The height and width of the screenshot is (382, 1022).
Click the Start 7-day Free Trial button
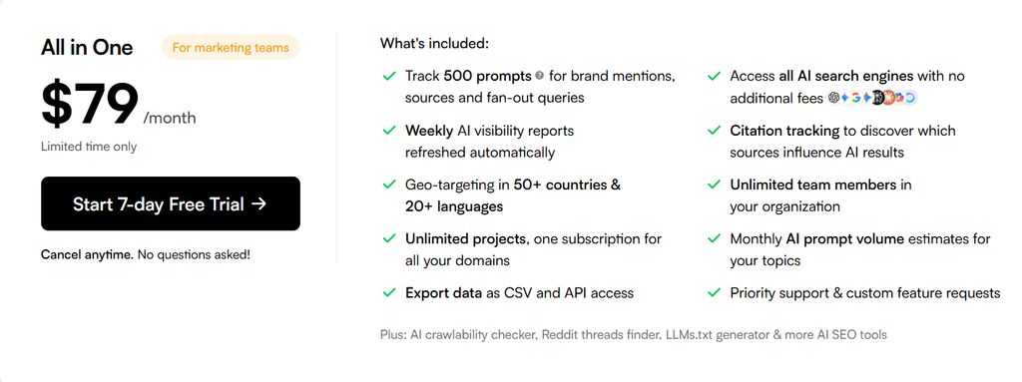coord(170,203)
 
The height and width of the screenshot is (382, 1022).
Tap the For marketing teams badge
coord(231,48)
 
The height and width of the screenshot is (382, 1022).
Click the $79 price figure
coord(90,105)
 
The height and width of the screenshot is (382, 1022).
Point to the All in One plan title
coord(87,48)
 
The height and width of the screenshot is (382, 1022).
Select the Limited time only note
coord(89,147)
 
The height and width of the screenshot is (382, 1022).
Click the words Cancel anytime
coord(88,254)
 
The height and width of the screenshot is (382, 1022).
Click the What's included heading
coord(434,44)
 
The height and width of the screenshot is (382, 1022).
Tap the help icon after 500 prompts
coord(539,76)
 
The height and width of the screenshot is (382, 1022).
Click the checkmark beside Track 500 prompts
coord(389,76)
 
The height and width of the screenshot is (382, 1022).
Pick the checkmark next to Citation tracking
coord(714,131)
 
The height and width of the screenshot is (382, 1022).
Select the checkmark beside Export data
coord(389,292)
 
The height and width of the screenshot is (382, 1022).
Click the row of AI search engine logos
coord(872,98)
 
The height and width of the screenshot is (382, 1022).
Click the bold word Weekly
coord(429,131)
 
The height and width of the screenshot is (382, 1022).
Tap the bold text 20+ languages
coord(454,206)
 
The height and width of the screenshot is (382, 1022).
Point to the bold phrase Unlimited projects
coord(465,239)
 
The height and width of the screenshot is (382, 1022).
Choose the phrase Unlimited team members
coord(812,185)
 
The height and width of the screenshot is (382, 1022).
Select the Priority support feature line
coord(865,292)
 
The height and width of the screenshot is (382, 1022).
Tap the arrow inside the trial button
coord(258,203)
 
